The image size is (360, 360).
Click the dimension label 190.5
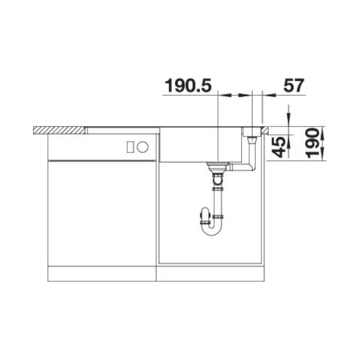[x=188, y=85]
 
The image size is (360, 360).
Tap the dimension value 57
[x=294, y=85]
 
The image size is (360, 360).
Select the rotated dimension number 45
[x=278, y=147]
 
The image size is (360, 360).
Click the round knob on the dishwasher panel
[x=143, y=147]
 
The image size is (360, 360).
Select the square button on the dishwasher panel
[x=130, y=147]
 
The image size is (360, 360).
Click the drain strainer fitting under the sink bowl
[x=217, y=167]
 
